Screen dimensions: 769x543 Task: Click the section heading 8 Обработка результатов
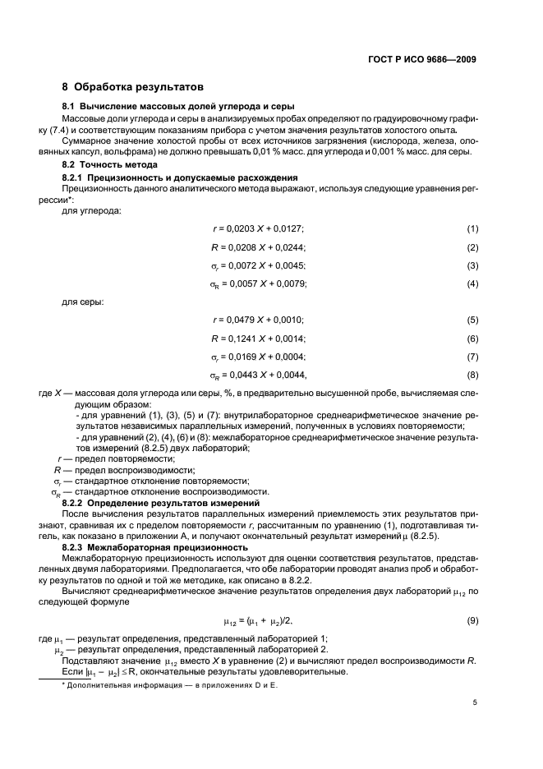[x=133, y=86]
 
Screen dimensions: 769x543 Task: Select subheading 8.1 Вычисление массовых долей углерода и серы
[x=179, y=107]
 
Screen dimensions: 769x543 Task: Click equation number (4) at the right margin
[x=472, y=283]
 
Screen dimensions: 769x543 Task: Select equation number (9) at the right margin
[x=472, y=621]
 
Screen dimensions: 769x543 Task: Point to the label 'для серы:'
[x=83, y=302]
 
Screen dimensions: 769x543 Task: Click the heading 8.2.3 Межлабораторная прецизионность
[x=155, y=546]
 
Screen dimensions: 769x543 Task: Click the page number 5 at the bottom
[x=475, y=702]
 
